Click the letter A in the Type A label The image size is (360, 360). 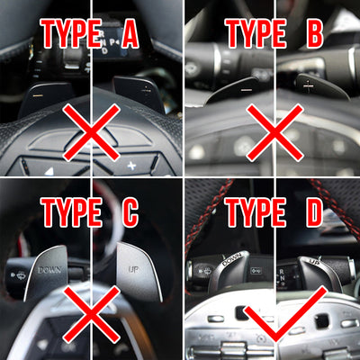130,33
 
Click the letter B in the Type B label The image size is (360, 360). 314,33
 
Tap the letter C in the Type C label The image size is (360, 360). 130,212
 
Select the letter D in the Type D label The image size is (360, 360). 314,212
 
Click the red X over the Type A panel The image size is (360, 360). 92,132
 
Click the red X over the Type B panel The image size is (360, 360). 274,132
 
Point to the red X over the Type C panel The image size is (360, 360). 92,314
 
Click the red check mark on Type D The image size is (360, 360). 285,315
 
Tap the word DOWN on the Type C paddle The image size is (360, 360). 49,270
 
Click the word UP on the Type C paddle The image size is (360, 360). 133,269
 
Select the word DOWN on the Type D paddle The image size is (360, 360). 231,259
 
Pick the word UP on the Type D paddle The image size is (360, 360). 314,263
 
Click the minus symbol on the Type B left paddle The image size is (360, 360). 247,89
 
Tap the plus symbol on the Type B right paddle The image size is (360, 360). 308,85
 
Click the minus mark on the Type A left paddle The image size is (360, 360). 38,95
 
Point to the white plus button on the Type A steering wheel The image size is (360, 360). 131,166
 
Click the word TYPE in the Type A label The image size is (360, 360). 72,33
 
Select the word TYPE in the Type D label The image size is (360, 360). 256,212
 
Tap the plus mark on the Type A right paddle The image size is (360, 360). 146,89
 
